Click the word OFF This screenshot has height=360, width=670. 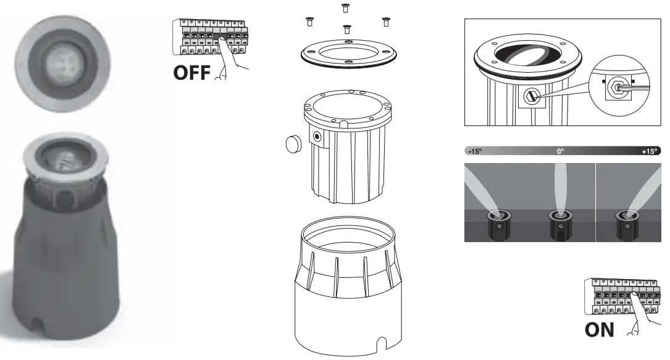(x=192, y=72)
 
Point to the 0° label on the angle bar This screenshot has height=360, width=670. (x=560, y=151)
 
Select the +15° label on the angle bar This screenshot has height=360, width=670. (x=650, y=151)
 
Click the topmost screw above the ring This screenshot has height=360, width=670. (x=345, y=8)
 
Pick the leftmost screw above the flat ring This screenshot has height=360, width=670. (x=309, y=23)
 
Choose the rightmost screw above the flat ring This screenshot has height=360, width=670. (x=387, y=21)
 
